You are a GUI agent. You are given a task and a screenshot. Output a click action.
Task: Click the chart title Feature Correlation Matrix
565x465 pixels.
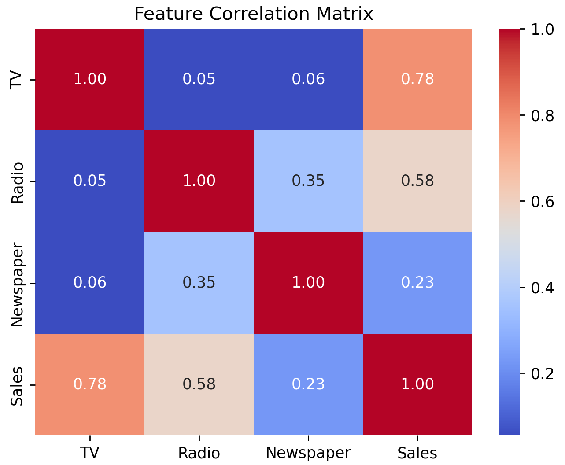[x=253, y=14]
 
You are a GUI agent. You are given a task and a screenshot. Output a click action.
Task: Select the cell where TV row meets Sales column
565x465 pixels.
[x=417, y=79]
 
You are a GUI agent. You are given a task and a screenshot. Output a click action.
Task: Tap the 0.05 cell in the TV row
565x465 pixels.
[x=199, y=79]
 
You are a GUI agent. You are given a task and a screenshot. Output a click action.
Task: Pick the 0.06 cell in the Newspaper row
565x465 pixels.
[x=90, y=283]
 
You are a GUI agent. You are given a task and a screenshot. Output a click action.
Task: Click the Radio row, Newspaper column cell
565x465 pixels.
[x=308, y=181]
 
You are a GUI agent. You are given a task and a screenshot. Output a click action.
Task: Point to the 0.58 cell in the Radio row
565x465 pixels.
[x=417, y=181]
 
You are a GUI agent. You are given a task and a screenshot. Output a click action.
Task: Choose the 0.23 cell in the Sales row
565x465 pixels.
[x=308, y=384]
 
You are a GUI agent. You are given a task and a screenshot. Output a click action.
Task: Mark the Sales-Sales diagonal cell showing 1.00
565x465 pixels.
[x=417, y=384]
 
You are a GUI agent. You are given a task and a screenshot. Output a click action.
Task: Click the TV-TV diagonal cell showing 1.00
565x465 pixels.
[x=90, y=79]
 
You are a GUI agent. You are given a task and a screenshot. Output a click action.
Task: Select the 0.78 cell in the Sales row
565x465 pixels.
[x=90, y=384]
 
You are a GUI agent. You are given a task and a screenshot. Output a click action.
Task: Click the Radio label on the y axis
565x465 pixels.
[x=18, y=183]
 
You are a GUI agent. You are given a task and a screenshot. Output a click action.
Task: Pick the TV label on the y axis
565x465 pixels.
[x=16, y=80]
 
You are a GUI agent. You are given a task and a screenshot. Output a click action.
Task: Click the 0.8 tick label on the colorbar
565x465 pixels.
[x=542, y=116]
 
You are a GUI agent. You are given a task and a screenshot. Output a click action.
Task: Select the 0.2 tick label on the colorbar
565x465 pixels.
[x=542, y=374]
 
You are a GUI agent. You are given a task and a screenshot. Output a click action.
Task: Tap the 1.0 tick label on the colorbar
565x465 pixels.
[x=542, y=30]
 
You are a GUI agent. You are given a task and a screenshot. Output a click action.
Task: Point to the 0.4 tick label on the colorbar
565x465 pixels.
[x=542, y=288]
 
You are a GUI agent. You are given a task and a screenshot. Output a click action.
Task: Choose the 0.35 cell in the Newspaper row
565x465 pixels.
[x=199, y=283]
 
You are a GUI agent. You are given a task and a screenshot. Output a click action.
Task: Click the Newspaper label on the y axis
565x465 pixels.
[x=18, y=284]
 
